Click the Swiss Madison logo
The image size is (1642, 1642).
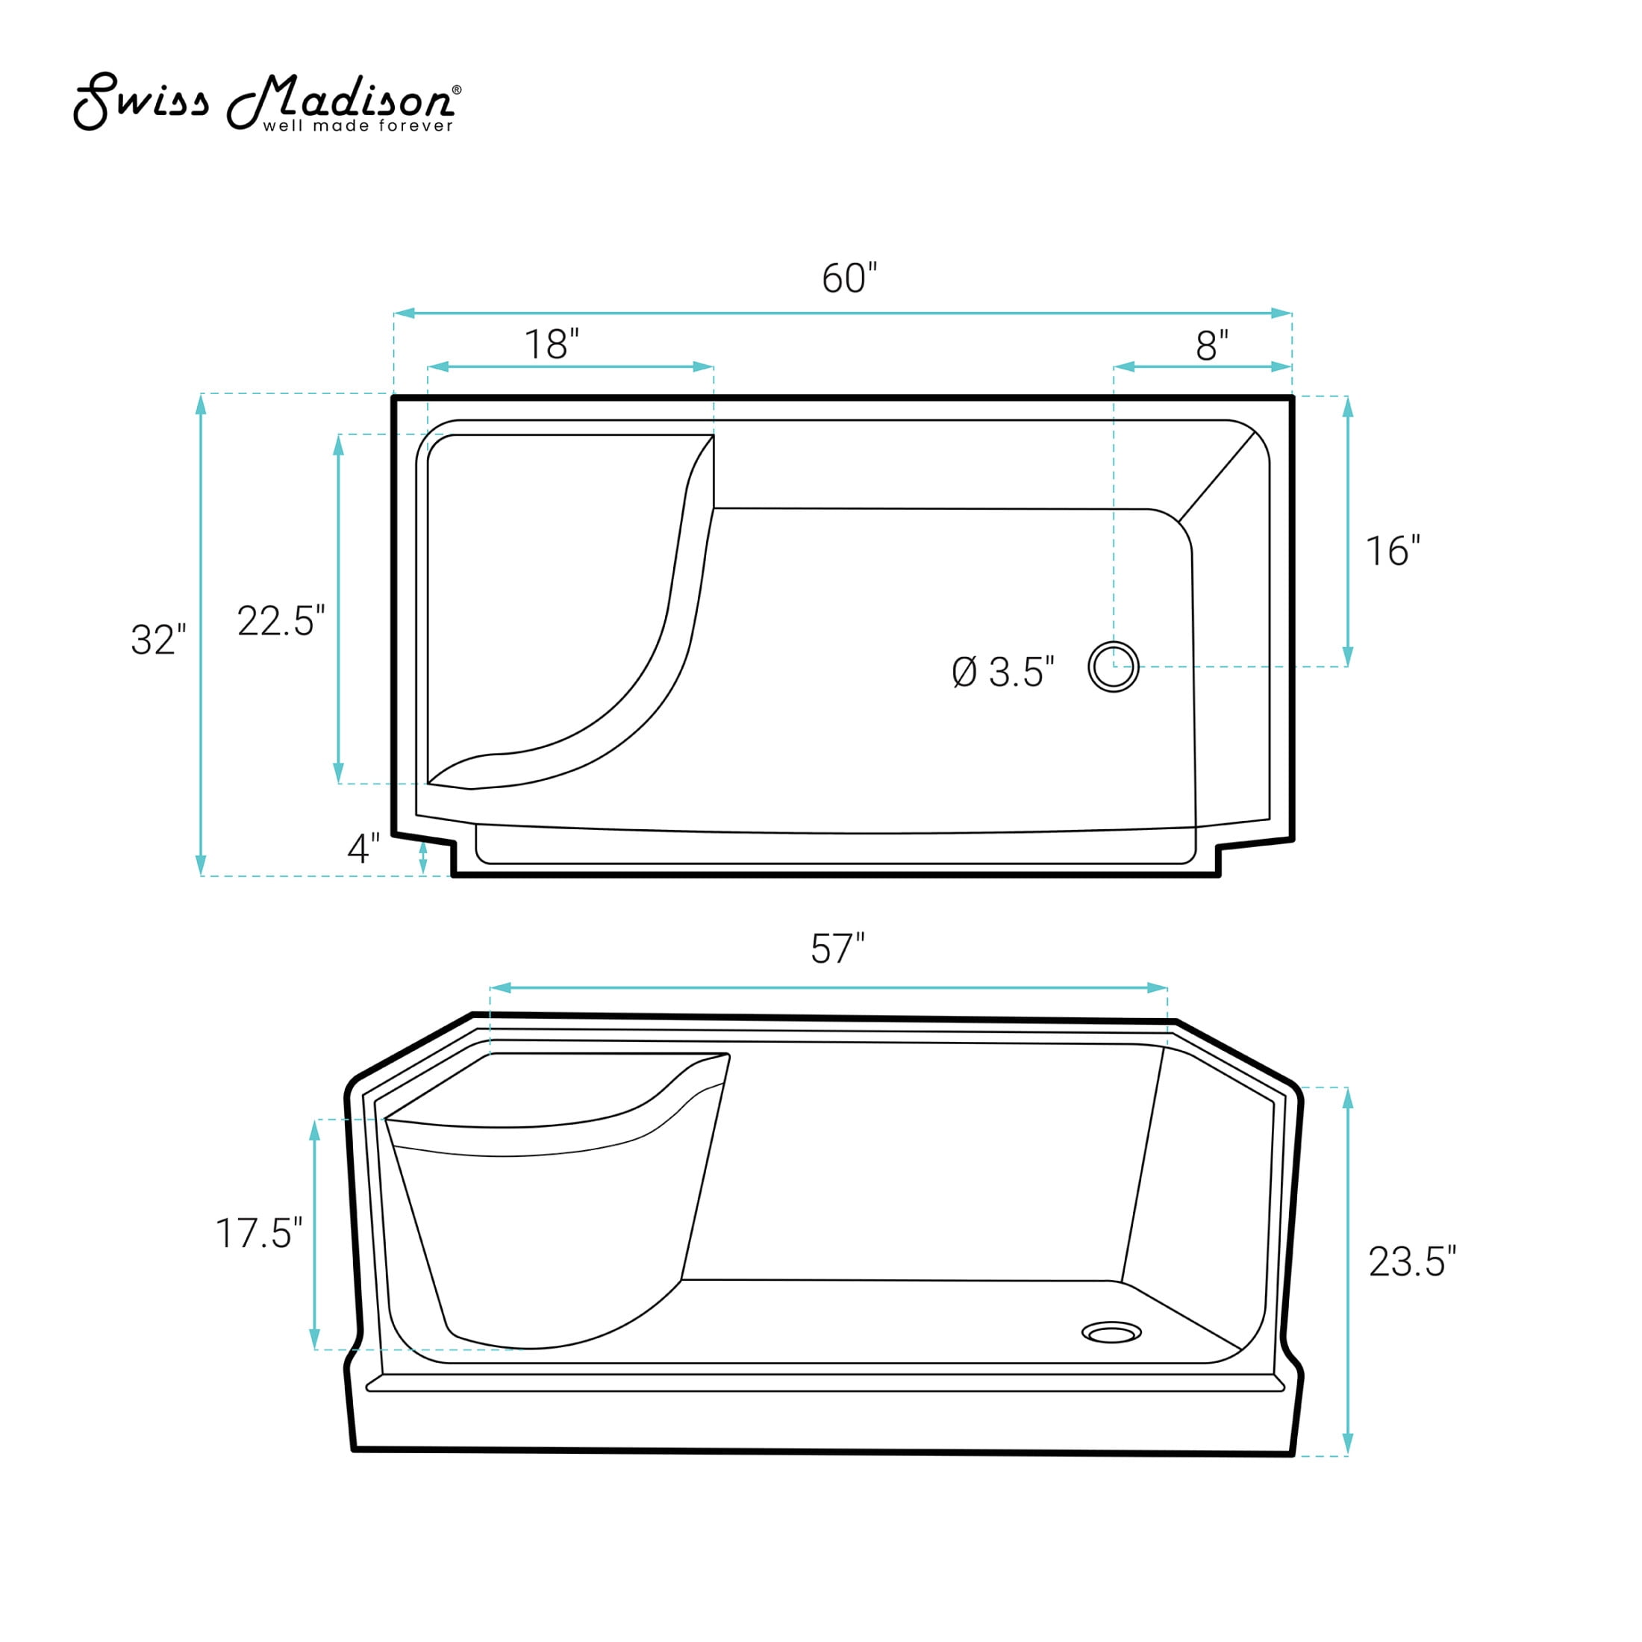point(267,103)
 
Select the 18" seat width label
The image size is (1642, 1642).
point(551,344)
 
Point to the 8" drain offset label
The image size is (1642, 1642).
point(1212,345)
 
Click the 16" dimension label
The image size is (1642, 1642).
point(1393,552)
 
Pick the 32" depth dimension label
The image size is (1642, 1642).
point(158,640)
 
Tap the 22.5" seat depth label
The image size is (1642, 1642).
point(281,620)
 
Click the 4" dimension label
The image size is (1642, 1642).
point(363,848)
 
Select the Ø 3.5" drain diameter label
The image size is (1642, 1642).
point(1003,672)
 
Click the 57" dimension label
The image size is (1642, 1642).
point(837,949)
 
